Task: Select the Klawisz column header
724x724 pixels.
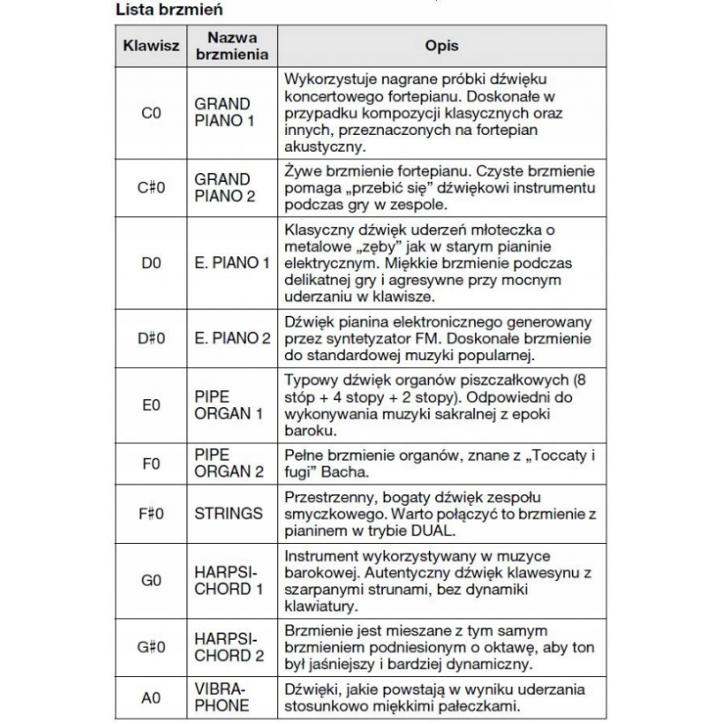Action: (x=151, y=45)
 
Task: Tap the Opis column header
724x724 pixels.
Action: (x=442, y=45)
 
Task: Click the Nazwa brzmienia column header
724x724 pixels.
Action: (x=233, y=45)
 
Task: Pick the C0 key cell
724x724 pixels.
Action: (x=151, y=113)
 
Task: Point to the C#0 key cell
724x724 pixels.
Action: (x=151, y=187)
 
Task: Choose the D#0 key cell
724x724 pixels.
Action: (x=151, y=338)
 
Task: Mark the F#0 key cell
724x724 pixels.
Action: (x=151, y=513)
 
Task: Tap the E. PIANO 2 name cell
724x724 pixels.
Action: (x=233, y=338)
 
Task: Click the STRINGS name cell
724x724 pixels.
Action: (x=228, y=513)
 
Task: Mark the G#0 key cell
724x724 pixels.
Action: (x=151, y=647)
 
